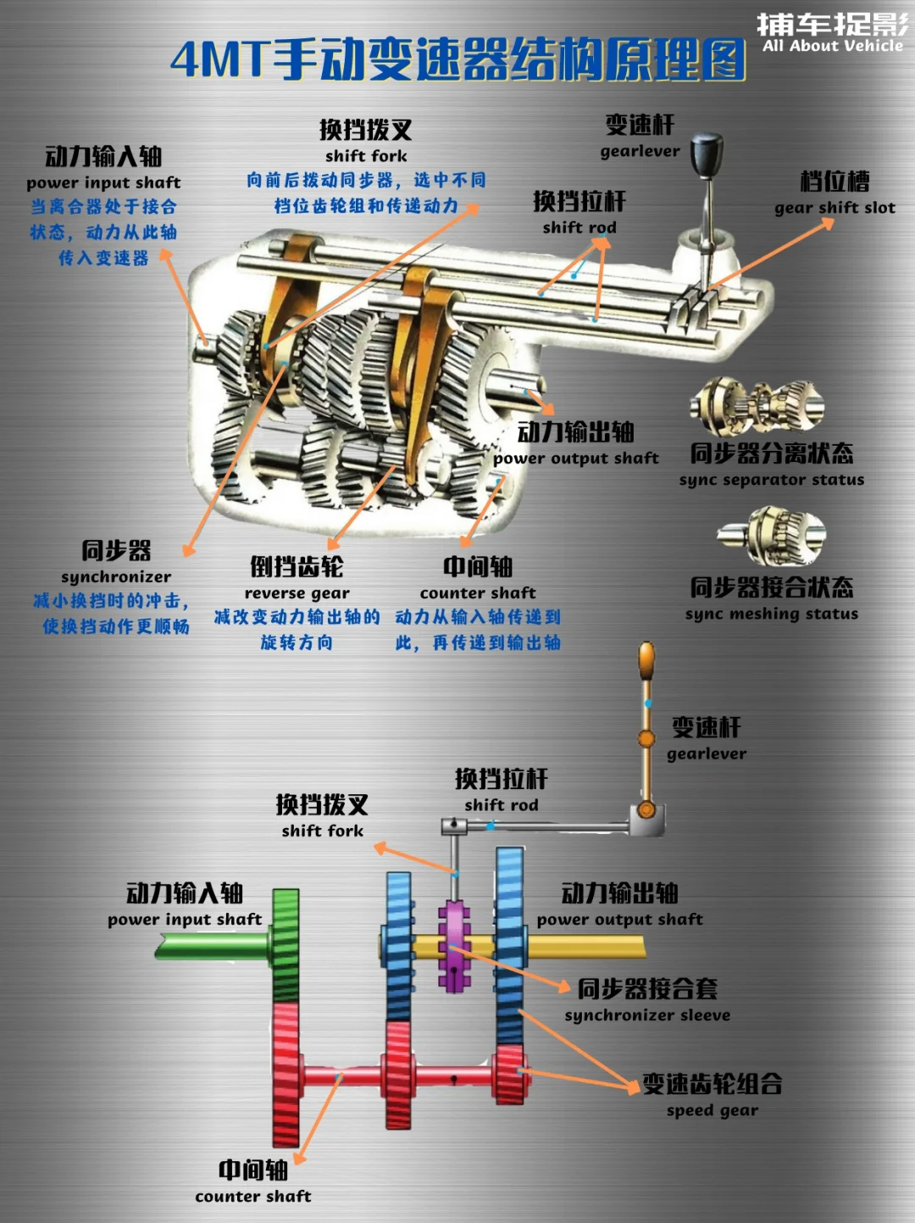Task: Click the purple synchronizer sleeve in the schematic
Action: [x=454, y=945]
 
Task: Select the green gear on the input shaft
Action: [x=286, y=945]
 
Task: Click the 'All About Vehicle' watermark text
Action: [x=832, y=46]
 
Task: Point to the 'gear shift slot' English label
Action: [x=835, y=208]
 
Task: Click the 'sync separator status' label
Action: [x=771, y=480]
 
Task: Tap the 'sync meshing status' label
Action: [x=771, y=614]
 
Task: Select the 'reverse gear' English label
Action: [x=297, y=593]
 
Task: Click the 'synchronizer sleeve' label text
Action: [x=647, y=1015]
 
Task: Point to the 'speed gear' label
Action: [x=712, y=1110]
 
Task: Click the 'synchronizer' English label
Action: [x=116, y=577]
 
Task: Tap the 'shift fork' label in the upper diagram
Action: [x=366, y=156]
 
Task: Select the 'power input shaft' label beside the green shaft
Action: [x=185, y=920]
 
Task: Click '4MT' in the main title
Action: [x=219, y=59]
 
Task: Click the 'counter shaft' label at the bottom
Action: [x=252, y=1197]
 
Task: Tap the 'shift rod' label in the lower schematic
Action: [x=501, y=805]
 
